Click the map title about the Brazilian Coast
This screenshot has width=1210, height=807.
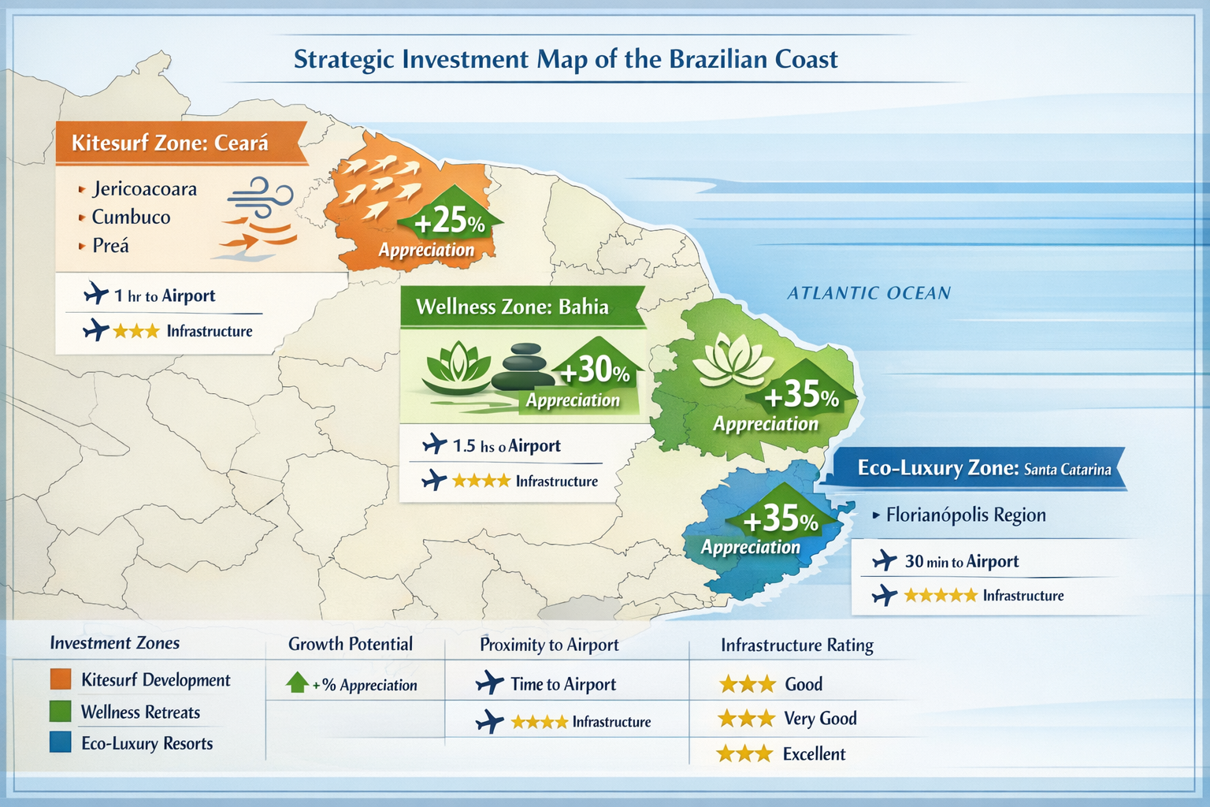(x=566, y=60)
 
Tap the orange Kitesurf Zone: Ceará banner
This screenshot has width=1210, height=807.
(x=170, y=143)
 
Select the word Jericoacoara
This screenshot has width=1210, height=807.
(x=144, y=189)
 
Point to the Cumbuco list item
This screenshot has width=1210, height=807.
(x=131, y=218)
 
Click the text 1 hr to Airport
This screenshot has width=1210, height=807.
(x=164, y=296)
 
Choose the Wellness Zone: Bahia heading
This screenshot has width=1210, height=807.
(x=512, y=307)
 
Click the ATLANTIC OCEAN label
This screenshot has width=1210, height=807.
(x=869, y=293)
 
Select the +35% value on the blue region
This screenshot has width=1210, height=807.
(x=780, y=519)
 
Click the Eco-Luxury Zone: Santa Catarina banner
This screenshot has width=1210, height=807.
(x=983, y=469)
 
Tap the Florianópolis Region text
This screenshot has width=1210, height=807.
(x=966, y=515)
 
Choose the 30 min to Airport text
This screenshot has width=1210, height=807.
(x=961, y=562)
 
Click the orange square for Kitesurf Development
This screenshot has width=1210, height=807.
(x=61, y=679)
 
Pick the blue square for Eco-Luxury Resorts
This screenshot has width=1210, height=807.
(x=61, y=742)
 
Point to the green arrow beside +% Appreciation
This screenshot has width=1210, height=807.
(x=297, y=682)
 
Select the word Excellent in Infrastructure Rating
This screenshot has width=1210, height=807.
(x=814, y=754)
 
